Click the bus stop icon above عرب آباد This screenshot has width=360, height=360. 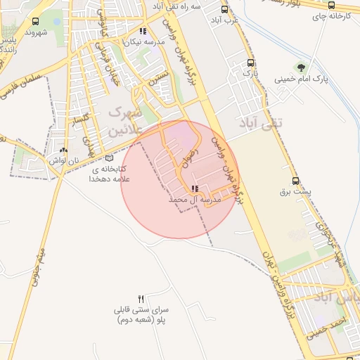click(224, 9)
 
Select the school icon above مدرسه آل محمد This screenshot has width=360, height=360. click(195, 188)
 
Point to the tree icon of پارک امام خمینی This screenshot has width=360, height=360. click(301, 67)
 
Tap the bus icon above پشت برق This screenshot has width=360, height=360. click(295, 181)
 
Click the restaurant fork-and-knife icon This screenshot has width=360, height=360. click(141, 299)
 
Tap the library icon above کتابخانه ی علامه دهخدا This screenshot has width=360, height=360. click(108, 158)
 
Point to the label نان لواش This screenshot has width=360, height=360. click(63, 160)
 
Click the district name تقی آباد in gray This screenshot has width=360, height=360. click(271, 124)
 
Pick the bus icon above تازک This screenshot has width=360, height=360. click(245, 62)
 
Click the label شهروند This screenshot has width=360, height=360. click(35, 32)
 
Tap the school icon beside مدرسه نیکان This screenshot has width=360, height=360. click(143, 31)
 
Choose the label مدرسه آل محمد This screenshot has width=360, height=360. click(195, 200)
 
